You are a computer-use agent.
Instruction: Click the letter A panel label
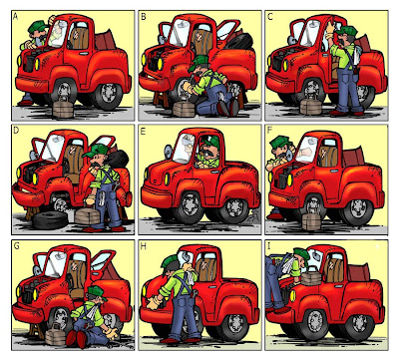pos(15,16)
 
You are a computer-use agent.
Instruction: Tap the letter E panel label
pos(144,132)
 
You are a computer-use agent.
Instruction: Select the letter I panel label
pos(269,246)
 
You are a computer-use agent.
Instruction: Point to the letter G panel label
pos(16,246)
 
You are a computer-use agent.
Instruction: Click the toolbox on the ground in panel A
pos(63,107)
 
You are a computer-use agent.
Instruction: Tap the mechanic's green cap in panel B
pos(200,61)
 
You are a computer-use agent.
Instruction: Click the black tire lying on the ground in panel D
pos(50,220)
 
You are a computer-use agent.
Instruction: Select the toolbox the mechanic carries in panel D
pos(87,215)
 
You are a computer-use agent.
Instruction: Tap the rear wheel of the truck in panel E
pos(235,208)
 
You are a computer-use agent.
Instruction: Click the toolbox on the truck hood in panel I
pos(311,276)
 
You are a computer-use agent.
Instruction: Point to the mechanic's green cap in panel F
pos(280,142)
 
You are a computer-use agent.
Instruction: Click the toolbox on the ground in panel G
pos(56,334)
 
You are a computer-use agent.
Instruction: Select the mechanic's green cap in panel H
pos(171,262)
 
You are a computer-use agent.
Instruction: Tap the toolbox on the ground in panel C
pos(311,106)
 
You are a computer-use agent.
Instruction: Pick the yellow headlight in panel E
pos(168,179)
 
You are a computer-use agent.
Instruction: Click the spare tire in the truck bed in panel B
pos(239,41)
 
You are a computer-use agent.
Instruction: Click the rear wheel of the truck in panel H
pos(235,324)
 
